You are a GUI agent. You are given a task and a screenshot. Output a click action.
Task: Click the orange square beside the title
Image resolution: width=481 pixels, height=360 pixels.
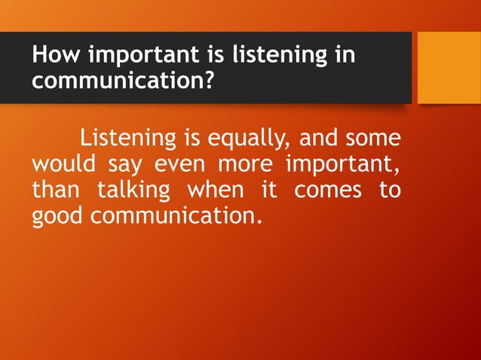tap(449, 67)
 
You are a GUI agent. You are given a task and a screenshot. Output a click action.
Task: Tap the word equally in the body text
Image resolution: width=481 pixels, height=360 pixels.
tap(250, 140)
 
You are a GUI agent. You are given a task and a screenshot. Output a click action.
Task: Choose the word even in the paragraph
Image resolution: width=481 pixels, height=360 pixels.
tap(179, 164)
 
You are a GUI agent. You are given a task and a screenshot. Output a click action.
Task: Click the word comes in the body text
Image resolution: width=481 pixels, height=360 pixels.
tap(328, 191)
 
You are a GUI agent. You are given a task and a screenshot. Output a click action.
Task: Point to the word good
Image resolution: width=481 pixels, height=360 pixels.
tap(59, 216)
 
